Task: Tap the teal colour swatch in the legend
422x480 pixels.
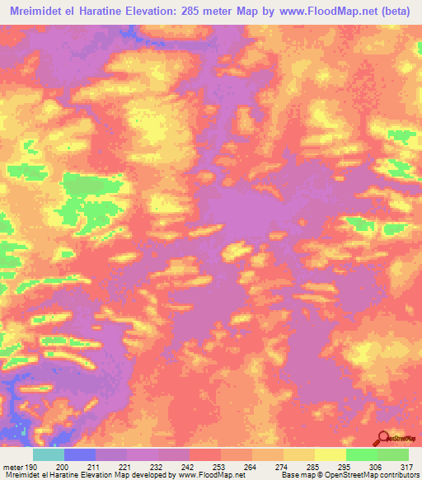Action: click(x=49, y=455)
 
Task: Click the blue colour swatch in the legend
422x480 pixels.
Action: click(x=80, y=455)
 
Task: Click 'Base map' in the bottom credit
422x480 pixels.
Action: click(x=296, y=474)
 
